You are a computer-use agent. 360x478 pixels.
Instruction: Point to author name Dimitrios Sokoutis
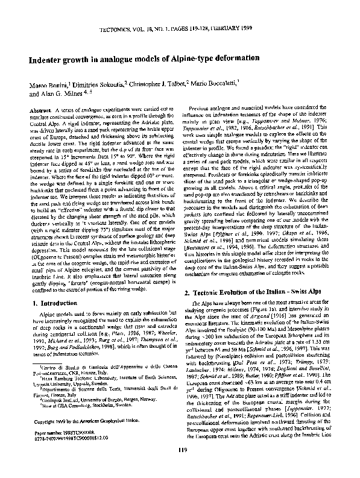[x=99, y=86]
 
